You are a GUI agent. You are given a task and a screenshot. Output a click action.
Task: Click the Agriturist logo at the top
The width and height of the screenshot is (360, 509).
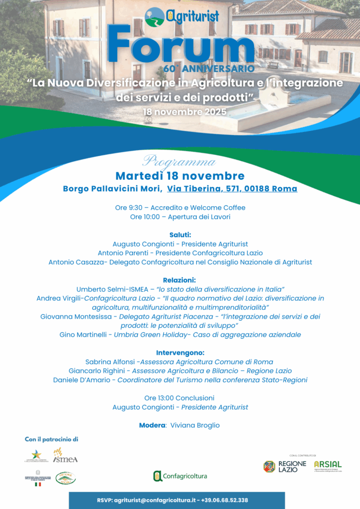pos(182,16)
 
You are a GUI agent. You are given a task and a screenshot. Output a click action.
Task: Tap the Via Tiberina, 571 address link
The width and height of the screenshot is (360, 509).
pos(232,189)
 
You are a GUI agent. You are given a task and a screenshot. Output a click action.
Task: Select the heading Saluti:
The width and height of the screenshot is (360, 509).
pos(180,235)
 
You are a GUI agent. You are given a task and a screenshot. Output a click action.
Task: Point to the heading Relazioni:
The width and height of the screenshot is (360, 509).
pos(180,280)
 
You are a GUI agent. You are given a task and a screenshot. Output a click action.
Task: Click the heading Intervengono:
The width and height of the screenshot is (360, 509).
pos(180,353)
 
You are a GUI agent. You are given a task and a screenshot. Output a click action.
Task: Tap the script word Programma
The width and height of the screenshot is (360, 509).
pos(179,162)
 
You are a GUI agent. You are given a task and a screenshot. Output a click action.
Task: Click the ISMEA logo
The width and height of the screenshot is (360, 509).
pos(65,456)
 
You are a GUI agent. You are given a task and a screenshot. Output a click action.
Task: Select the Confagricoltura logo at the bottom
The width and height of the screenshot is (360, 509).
pos(180,476)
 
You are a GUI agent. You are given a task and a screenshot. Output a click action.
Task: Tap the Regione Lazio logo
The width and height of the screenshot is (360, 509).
pos(285,467)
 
